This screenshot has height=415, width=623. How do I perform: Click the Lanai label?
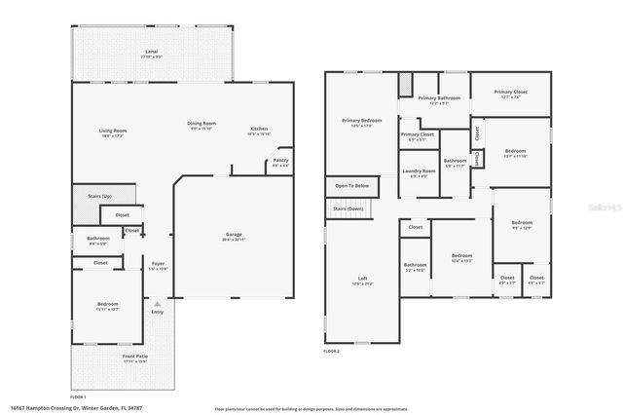point(151,52)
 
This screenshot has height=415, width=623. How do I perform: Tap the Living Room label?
point(113,131)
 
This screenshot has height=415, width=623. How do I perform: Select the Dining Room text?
point(202,124)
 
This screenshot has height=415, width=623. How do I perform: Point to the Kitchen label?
point(259,129)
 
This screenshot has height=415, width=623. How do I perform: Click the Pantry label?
point(281,161)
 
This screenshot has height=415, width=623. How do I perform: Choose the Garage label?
point(233,235)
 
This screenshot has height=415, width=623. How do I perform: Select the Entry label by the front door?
point(158,312)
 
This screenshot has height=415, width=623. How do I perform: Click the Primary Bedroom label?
point(361,121)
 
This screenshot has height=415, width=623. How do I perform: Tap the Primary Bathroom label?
point(439,98)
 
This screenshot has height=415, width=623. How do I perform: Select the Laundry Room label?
point(419,171)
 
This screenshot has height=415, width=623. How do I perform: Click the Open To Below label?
point(351,185)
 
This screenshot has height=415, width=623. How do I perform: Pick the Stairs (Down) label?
point(348,208)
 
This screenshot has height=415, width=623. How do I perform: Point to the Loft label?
point(362,279)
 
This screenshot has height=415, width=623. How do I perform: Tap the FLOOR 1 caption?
point(79,396)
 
